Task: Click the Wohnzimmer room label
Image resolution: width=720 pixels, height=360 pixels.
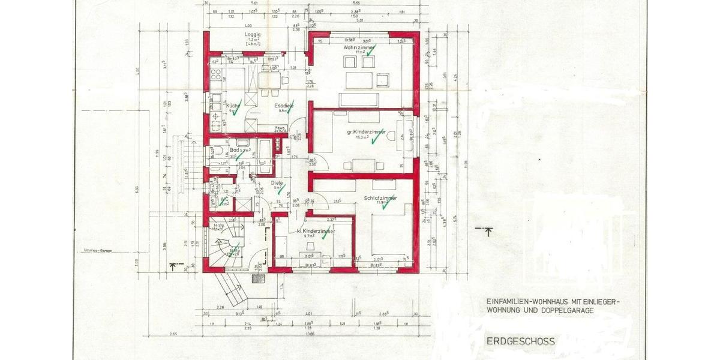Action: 359,47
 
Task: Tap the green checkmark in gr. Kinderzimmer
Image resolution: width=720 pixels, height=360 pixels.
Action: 374,139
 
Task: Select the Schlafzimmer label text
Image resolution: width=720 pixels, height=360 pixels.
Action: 379,197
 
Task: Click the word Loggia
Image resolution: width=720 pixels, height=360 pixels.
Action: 253,35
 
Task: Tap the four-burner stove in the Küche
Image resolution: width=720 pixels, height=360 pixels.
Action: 215,77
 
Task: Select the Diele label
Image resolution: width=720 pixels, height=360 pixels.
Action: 277,183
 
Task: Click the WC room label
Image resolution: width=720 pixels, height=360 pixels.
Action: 224,199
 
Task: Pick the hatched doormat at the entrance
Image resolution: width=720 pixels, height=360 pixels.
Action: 259,280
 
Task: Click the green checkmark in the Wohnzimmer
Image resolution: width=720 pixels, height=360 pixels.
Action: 370,52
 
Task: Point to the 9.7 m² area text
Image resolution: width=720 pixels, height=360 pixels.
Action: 310,236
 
